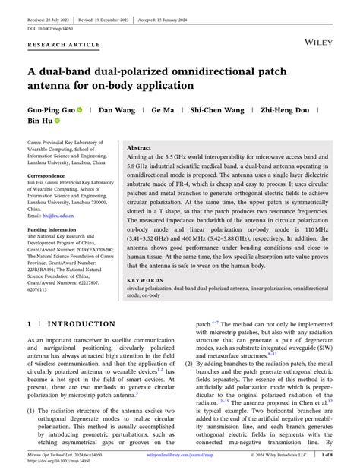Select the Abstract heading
tap(139, 148)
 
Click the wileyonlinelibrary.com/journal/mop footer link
tap(182, 456)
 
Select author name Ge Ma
tap(163, 110)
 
